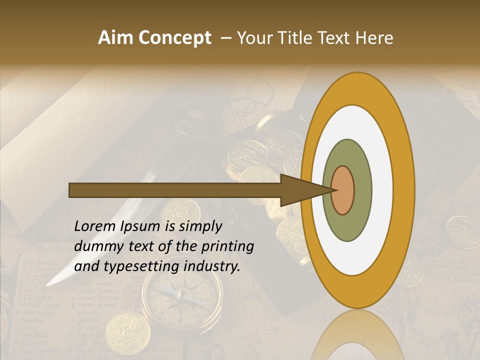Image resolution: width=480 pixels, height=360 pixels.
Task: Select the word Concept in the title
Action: coord(174,38)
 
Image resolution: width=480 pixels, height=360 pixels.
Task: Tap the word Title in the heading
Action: coord(298,38)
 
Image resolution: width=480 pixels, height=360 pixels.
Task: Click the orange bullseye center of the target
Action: coord(342,190)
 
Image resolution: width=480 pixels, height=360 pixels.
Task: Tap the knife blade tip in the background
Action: coord(49,283)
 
